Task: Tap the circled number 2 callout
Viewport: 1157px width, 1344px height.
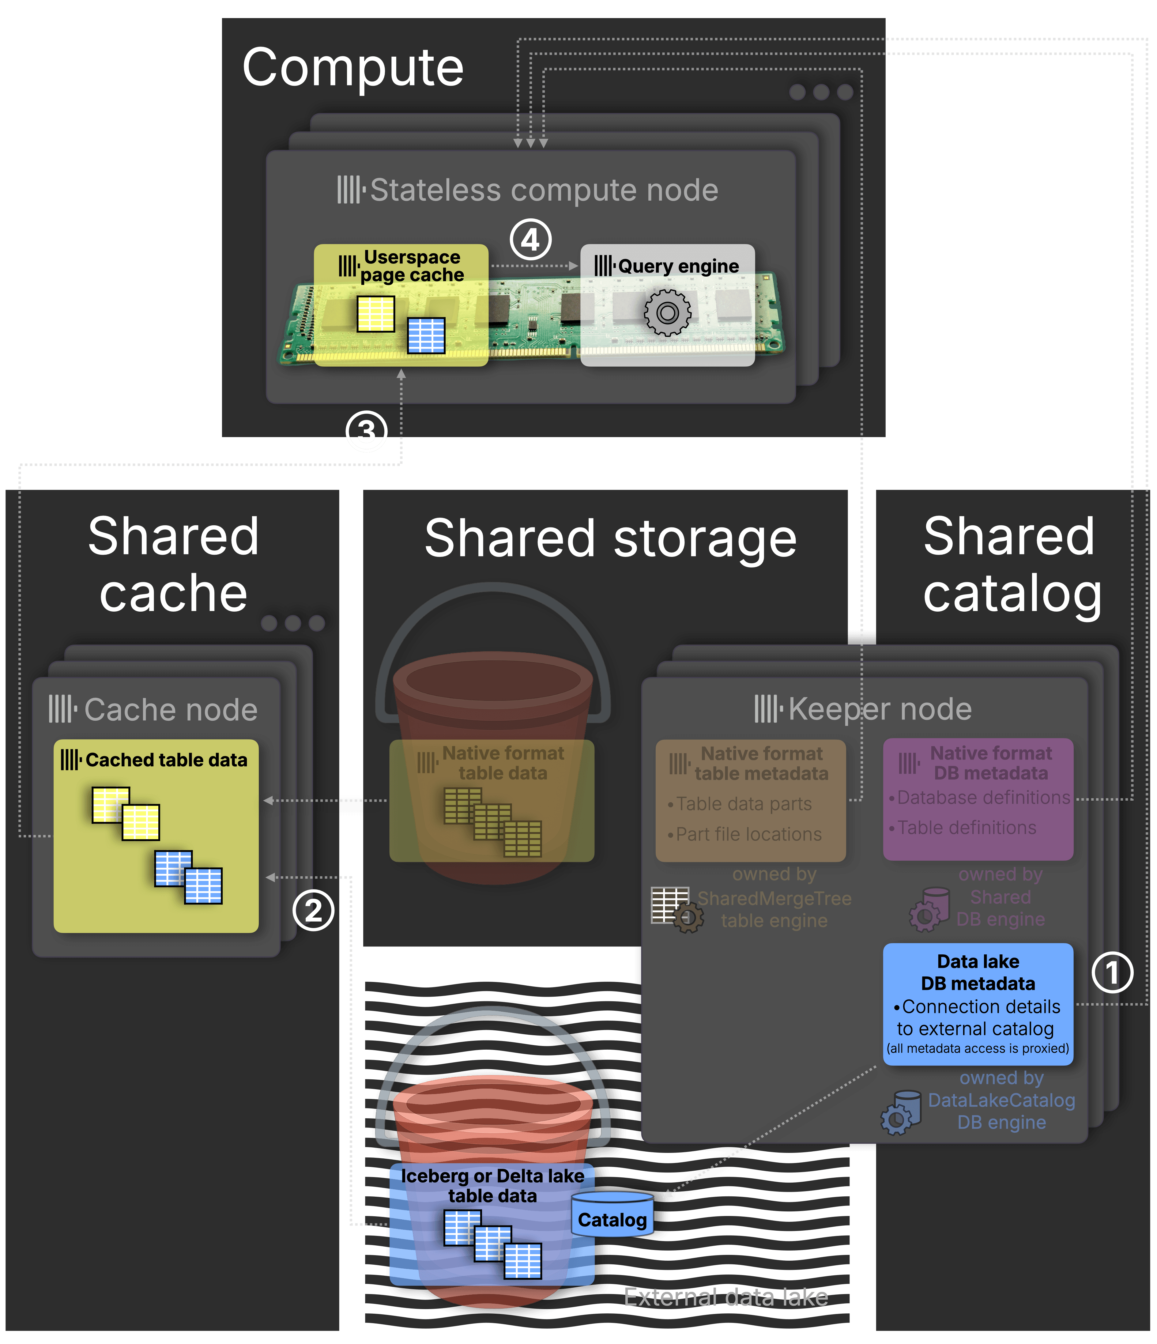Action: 313,911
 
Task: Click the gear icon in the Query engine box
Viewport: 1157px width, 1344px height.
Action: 667,313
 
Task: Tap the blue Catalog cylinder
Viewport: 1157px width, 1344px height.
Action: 612,1215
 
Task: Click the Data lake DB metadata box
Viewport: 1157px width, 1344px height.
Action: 978,1003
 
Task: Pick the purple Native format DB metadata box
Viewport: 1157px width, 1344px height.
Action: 978,799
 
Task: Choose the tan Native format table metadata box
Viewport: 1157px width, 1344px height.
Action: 750,800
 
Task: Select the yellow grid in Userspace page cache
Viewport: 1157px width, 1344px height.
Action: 376,314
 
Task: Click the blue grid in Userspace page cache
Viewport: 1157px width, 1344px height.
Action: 426,335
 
